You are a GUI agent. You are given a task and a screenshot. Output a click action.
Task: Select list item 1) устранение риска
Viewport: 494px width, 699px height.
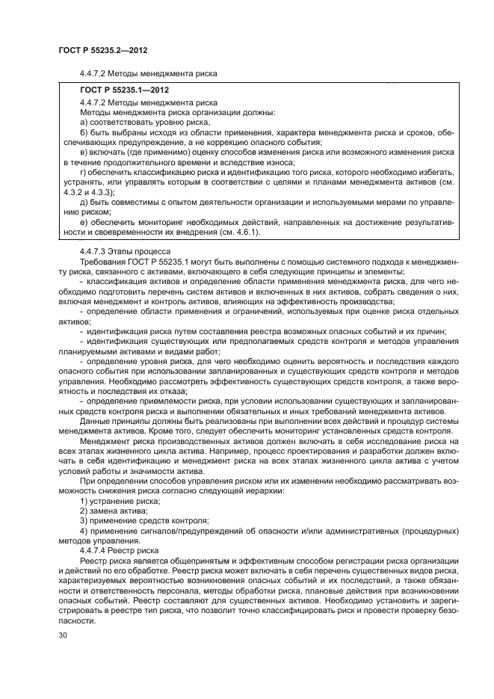114,511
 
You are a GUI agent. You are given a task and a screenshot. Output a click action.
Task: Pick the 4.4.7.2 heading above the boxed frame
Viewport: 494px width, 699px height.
147,73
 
